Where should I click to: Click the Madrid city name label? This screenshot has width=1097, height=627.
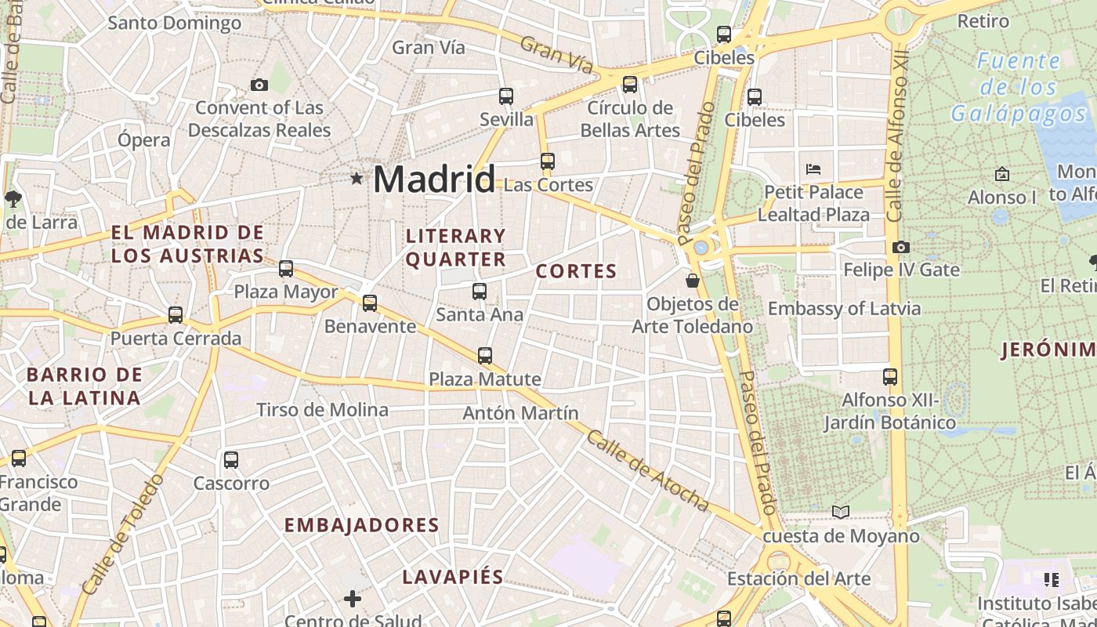click(434, 179)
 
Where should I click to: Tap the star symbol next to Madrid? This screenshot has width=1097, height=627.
click(357, 179)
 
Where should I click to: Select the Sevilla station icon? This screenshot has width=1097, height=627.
click(506, 96)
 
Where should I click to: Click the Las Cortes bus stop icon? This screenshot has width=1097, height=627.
click(548, 161)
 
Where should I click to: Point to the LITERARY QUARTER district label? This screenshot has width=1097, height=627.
click(456, 247)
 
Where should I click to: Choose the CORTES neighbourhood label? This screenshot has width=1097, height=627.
click(577, 272)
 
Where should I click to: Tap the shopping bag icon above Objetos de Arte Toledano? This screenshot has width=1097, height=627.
click(693, 280)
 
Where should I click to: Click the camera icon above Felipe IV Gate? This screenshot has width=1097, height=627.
click(901, 247)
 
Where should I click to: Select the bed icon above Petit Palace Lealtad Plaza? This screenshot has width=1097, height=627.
click(813, 169)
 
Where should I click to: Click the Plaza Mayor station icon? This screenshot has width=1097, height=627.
click(286, 269)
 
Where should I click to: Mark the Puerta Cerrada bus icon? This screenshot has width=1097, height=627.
click(176, 315)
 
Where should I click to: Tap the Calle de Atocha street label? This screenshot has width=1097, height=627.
click(647, 472)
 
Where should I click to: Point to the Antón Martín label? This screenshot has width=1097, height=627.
click(520, 413)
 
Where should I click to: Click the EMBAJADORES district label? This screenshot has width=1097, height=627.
click(362, 525)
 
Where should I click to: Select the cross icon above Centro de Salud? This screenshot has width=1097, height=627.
click(353, 599)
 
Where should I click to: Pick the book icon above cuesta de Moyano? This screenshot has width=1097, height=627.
click(840, 512)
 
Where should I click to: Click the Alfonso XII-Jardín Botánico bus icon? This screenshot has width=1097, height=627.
click(889, 377)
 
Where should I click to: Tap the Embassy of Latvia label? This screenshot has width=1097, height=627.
click(844, 309)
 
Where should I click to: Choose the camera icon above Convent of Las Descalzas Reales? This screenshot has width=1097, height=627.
click(259, 85)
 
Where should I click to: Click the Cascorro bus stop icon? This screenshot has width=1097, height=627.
click(231, 460)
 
